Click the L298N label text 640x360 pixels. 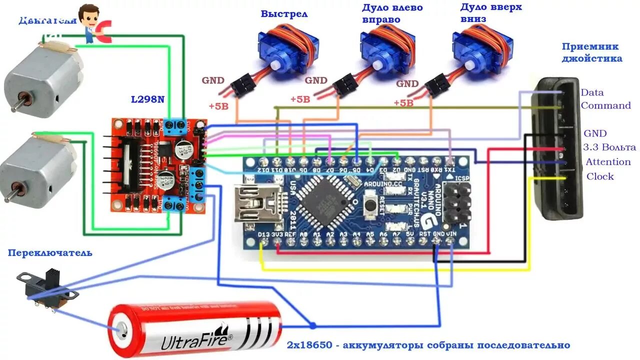click(147, 99)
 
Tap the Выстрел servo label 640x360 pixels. click(284, 13)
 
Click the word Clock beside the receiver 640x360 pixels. click(600, 176)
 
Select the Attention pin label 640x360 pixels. click(608, 162)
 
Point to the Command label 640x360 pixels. click(605, 105)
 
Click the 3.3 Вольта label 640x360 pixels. click(609, 147)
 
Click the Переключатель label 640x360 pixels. click(50, 253)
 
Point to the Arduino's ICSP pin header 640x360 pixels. click(456, 202)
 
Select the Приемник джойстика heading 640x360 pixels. click(591, 52)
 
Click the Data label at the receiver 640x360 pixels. click(592, 92)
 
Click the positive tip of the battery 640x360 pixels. click(120, 330)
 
